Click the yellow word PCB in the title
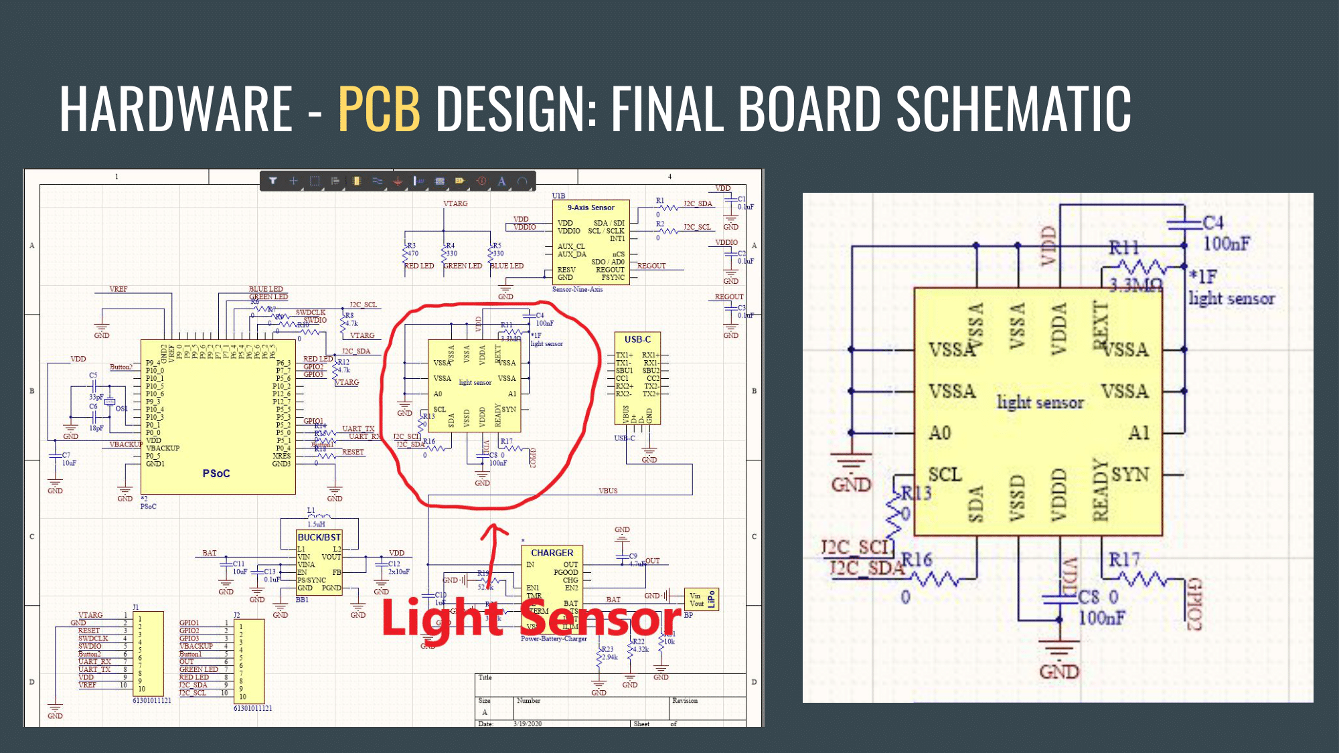coord(379,108)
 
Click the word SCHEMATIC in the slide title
coord(1013,108)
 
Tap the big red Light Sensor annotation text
coord(530,618)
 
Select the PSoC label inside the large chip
coord(216,474)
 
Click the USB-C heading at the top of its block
coord(637,339)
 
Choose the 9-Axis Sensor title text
coord(590,207)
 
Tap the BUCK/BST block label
coord(319,537)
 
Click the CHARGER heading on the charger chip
coord(552,553)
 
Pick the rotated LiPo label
coord(712,599)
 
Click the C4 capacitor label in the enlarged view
coord(1212,223)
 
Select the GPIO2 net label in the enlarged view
coord(1196,604)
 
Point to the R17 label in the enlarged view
coord(1124,560)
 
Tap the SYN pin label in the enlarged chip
coord(1130,475)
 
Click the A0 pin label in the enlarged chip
coord(939,433)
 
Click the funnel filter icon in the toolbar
coord(273,181)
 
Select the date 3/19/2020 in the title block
coord(528,724)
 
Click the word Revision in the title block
coord(684,701)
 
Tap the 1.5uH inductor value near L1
coord(316,524)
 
